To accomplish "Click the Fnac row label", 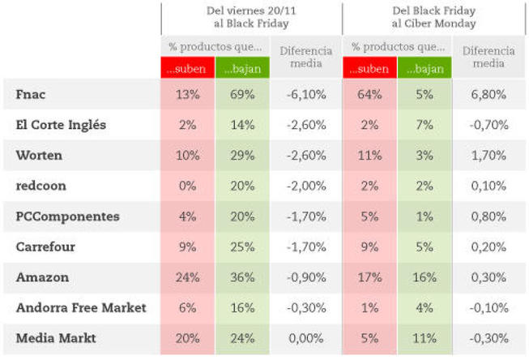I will pos(31,95).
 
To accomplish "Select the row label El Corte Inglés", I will pos(61,125).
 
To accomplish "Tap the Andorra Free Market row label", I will pos(81,308).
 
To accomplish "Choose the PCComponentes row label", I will pos(67,216).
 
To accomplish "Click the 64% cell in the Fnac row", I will pos(369,95).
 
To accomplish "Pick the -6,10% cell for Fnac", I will pos(306,95).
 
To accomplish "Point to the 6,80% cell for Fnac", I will pos(488,95).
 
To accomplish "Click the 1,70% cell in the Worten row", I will pos(488,156).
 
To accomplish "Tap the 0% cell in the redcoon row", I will pos(187,186).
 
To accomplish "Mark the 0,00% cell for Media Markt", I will pos(306,338).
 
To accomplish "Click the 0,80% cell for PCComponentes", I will pos(488,216).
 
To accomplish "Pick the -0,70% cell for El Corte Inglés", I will pos(488,125).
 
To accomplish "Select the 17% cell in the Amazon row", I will pos(369,277).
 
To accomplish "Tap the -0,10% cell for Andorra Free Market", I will pos(488,308).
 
